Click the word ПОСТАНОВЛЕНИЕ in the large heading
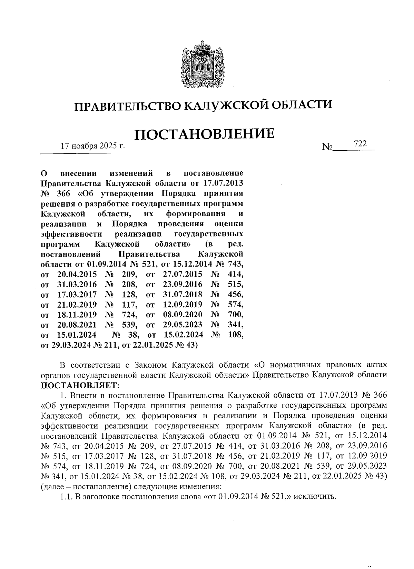(204, 134)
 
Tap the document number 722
(360, 144)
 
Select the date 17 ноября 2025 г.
(92, 146)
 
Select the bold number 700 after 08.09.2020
(236, 315)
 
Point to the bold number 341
(236, 325)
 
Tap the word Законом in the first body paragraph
(151, 365)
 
